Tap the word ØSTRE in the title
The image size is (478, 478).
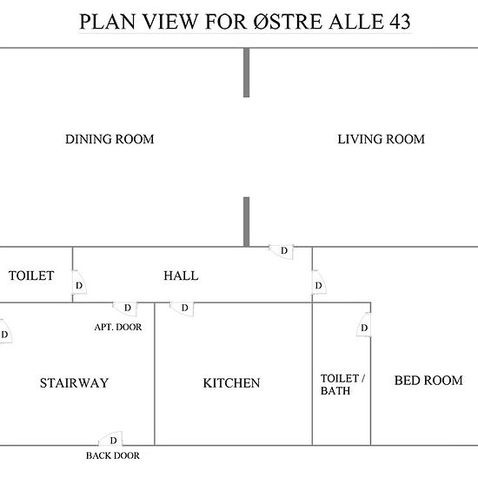[x=288, y=22]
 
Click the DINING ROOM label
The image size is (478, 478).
[x=110, y=139]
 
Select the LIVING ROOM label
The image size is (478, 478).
[x=381, y=139]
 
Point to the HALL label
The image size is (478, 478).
[x=181, y=276]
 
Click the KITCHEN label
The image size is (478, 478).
[x=231, y=383]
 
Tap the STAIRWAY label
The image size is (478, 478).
[x=74, y=383]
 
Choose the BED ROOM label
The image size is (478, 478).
[x=428, y=380]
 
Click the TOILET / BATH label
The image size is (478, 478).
[x=342, y=384]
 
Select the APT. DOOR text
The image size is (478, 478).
[x=118, y=327]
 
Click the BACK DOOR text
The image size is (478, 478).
[x=113, y=455]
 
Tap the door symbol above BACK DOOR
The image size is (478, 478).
[x=110, y=439]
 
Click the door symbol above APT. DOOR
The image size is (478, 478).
[x=125, y=309]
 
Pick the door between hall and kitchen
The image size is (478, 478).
[x=182, y=309]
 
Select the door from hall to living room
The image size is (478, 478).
[x=282, y=252]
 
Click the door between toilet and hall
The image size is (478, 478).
[x=79, y=282]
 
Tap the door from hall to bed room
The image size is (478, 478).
[x=319, y=282]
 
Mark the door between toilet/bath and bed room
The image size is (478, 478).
[x=364, y=325]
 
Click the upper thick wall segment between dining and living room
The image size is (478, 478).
[x=246, y=72]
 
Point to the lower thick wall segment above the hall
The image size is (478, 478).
[x=246, y=222]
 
